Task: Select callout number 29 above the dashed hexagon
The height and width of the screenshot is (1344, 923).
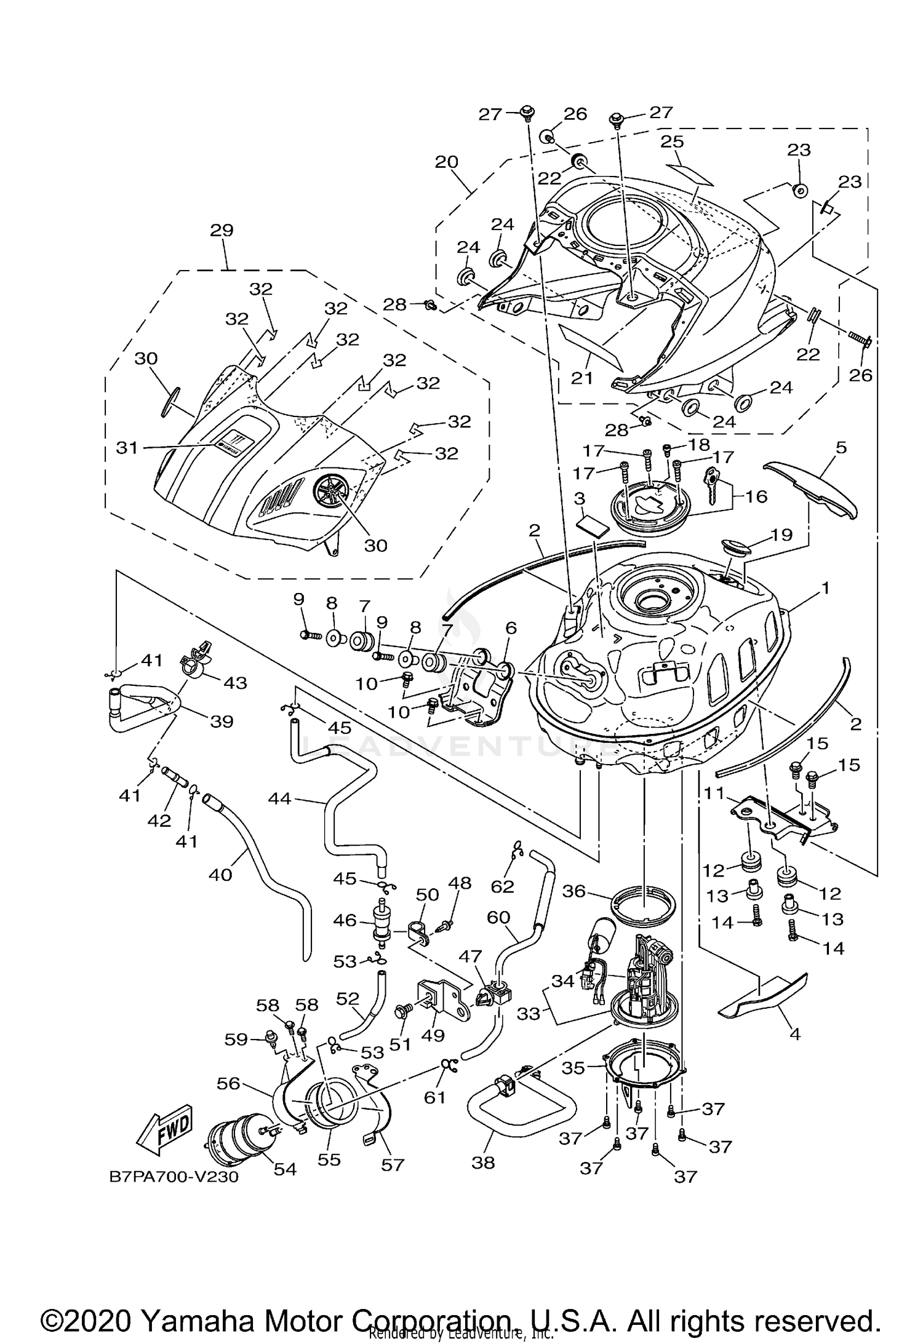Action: pos(222,231)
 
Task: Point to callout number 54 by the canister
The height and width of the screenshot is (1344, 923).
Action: pos(285,1169)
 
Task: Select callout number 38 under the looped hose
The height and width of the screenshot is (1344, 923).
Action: pos(483,1163)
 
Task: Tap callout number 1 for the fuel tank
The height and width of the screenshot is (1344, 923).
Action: pos(826,589)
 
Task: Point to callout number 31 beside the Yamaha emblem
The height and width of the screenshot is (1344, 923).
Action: pos(127,448)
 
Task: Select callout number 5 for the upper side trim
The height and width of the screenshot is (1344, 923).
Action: pos(841,447)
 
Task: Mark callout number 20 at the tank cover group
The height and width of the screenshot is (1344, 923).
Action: pos(447,162)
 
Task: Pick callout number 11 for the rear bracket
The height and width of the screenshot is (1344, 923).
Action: pos(715,793)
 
